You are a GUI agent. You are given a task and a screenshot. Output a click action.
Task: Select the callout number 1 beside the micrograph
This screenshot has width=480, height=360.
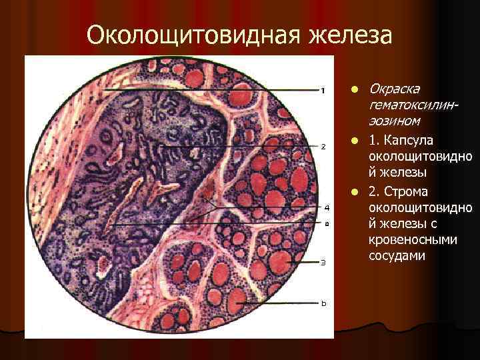coord(323,90)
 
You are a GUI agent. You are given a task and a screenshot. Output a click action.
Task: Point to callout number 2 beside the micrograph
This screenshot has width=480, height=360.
coord(323,146)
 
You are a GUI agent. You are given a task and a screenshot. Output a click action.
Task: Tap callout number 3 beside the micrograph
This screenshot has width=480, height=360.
coord(323,262)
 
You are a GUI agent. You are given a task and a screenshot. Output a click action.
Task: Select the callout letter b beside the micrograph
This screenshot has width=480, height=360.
coord(323,304)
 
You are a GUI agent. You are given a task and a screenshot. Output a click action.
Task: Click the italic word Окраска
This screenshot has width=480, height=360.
coord(394,89)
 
